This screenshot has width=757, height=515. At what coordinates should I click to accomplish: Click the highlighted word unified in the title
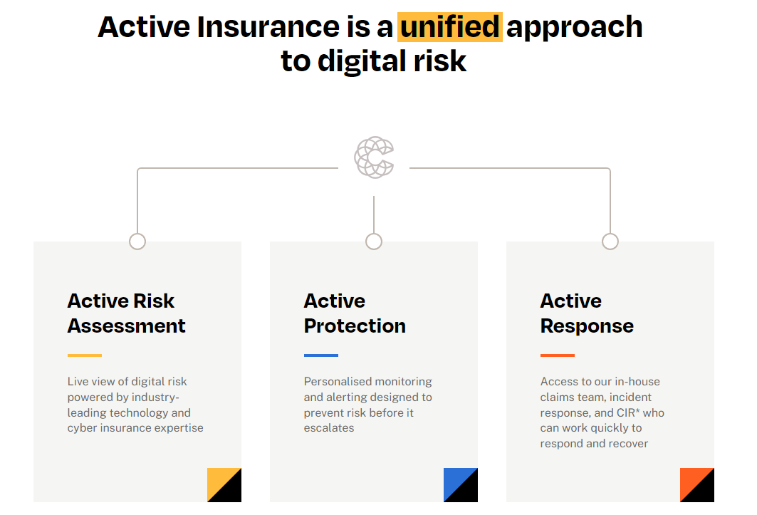[450, 26]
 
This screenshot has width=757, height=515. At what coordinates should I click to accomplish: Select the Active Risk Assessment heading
[127, 313]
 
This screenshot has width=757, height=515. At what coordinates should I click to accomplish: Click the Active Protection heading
[355, 313]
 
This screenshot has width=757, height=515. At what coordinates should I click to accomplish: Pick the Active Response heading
[587, 313]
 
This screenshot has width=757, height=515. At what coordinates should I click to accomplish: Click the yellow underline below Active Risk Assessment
[85, 355]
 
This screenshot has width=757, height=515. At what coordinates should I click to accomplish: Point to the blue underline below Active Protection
[321, 355]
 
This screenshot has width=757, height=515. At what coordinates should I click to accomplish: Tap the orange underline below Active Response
[558, 355]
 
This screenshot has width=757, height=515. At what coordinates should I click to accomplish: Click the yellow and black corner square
[224, 485]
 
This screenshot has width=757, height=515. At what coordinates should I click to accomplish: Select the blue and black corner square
[461, 485]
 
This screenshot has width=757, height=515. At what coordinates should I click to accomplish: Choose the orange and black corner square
[697, 485]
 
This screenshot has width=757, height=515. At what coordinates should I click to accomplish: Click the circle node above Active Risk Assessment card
[137, 234]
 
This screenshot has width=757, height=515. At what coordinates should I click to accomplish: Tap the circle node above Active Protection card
[374, 234]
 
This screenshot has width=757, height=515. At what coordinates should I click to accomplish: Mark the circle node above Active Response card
[610, 234]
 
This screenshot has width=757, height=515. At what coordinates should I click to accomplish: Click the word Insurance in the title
[268, 26]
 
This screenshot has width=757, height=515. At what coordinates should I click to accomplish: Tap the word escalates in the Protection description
[329, 428]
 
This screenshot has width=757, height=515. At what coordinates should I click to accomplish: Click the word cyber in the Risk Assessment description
[80, 429]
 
